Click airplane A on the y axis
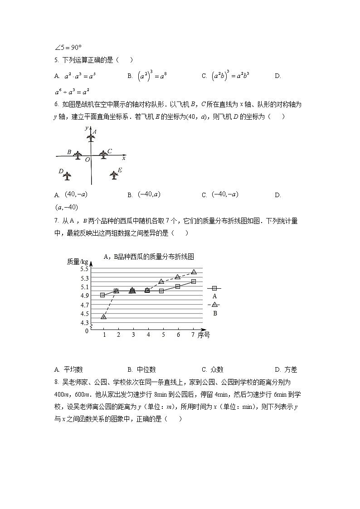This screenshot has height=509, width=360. tap(91, 136)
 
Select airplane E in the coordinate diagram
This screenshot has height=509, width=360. tap(114, 174)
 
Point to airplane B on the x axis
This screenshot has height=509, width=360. tap(78, 155)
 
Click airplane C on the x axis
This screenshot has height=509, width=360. tap(104, 155)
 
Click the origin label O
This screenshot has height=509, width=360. tap(88, 160)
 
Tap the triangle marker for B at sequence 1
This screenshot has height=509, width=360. tap(103, 316)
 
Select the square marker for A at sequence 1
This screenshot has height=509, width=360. tap(103, 295)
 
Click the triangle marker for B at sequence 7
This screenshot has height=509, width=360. tap(194, 272)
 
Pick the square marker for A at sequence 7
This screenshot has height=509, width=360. tap(194, 281)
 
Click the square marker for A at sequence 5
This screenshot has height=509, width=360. tap(161, 291)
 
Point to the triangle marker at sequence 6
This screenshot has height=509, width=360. tap(178, 277)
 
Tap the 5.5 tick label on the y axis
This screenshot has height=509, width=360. tap(84, 269)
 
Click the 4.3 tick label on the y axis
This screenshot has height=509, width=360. tap(84, 323)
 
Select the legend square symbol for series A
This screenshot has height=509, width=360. tap(215, 288)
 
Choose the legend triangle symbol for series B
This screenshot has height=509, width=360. tap(215, 305)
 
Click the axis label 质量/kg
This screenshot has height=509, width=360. tap(77, 262)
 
